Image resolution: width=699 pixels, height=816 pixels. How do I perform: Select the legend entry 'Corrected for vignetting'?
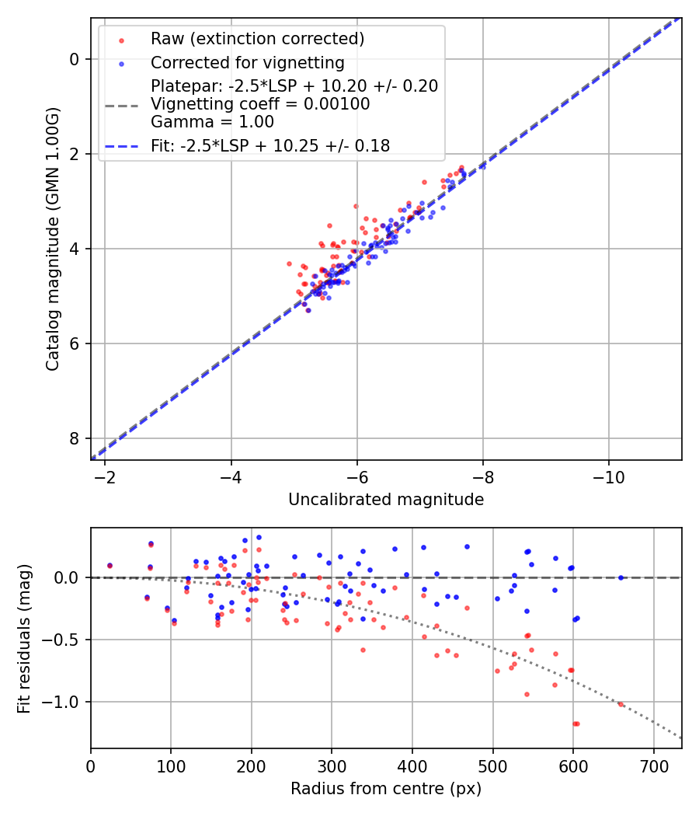247,62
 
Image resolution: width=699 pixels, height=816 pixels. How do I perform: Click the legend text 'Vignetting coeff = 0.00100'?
260,103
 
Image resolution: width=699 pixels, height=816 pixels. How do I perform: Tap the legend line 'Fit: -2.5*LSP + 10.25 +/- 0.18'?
270,145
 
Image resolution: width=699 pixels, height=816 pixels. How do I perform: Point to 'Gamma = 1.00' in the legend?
212,121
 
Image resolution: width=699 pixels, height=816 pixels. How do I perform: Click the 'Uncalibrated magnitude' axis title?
386,500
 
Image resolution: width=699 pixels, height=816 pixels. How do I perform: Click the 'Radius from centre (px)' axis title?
386,789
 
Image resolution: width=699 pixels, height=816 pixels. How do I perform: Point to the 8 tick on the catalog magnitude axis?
75,438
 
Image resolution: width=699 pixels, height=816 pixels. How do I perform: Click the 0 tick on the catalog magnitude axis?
75,59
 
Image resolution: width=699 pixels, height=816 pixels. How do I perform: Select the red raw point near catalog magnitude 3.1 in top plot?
356,206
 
